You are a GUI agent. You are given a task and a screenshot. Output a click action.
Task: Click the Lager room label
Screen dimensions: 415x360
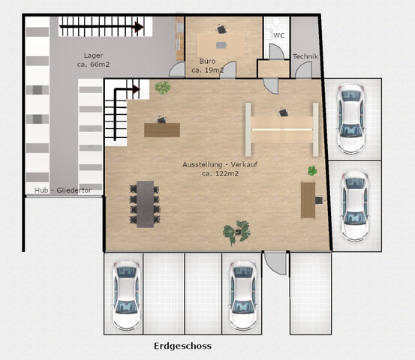93,55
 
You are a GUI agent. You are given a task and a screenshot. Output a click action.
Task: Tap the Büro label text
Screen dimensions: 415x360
207,61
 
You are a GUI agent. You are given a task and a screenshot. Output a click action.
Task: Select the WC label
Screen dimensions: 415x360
279,35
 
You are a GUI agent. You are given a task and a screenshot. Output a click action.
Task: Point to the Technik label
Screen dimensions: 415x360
305,56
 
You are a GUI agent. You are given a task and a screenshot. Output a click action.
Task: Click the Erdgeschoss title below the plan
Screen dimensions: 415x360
182,346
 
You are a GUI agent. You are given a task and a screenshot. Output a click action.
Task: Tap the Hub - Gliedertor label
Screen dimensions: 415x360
63,190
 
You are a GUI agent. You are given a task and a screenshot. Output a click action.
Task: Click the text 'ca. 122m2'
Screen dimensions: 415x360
220,173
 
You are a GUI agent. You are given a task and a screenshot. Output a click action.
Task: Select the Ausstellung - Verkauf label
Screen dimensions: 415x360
220,164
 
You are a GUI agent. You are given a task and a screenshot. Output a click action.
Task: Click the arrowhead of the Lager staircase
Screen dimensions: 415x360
140,27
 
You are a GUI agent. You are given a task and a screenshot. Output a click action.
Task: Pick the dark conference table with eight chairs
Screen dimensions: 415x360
145,204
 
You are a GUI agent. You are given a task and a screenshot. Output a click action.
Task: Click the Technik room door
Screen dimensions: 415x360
304,70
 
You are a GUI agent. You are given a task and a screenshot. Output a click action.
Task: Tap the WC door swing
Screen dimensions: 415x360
276,51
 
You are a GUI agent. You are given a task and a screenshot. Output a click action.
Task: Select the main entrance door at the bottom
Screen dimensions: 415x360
275,263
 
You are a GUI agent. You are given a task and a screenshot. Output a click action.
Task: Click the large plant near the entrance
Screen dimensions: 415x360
236,232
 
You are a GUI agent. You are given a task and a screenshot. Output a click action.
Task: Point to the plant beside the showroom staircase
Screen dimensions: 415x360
163,88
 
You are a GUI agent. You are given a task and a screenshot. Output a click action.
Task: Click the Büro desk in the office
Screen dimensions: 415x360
221,45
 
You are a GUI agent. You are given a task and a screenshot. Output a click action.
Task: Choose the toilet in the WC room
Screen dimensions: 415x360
277,22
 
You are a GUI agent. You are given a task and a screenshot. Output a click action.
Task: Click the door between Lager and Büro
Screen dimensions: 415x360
177,69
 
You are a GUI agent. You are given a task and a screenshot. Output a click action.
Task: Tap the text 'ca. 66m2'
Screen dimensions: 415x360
93,64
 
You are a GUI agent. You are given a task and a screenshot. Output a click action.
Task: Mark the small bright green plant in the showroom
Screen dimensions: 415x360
313,171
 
